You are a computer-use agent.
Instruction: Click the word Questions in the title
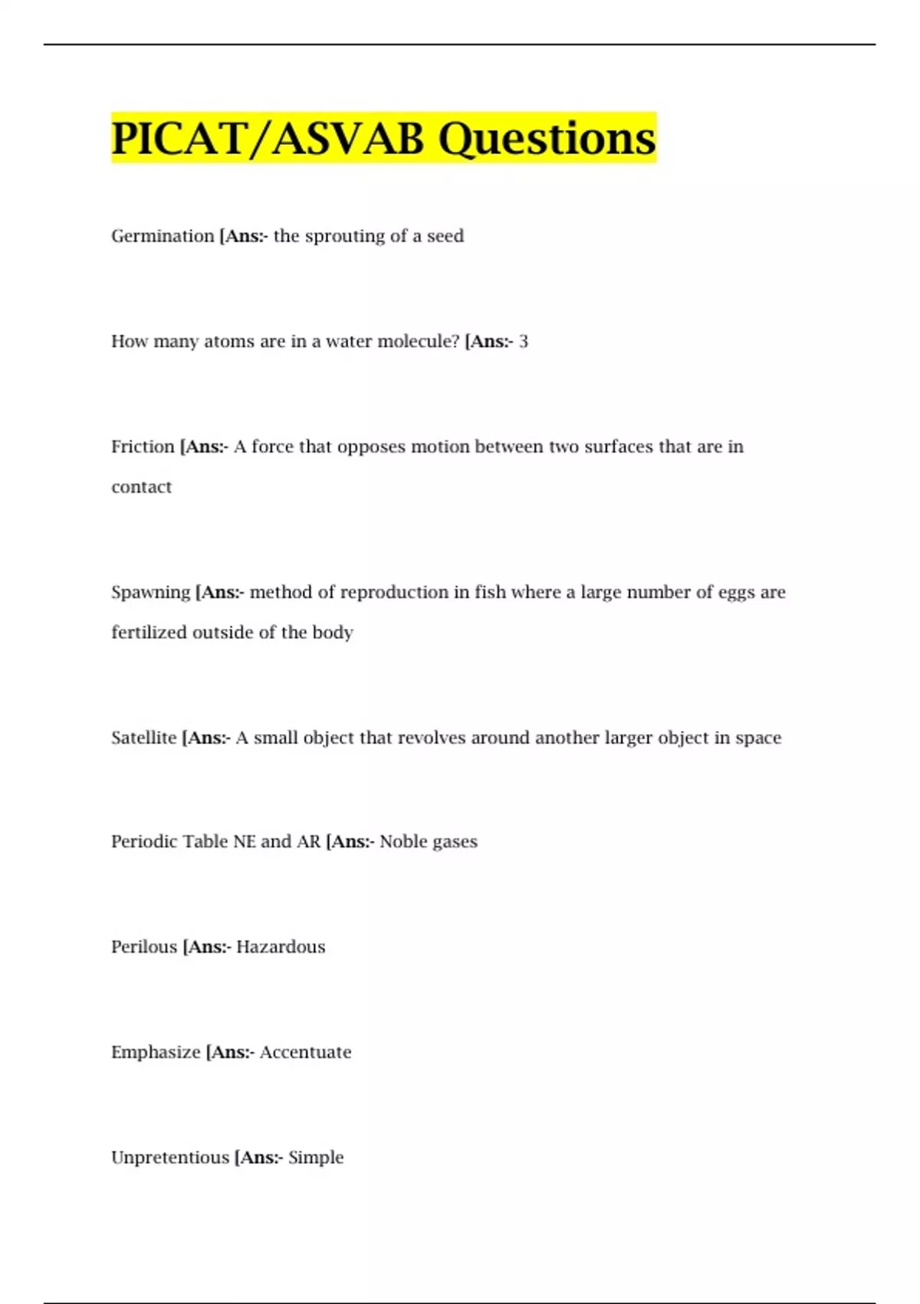547,139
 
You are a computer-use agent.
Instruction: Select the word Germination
163,236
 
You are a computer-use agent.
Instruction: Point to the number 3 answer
524,341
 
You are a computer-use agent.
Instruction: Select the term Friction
143,446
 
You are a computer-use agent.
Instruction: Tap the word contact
141,487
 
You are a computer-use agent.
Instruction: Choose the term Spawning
150,592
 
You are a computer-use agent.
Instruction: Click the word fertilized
149,633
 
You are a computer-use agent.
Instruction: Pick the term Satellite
143,738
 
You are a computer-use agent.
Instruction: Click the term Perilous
144,947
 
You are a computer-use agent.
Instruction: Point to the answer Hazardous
281,947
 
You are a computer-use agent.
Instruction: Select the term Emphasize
156,1052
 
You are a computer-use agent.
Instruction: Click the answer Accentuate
305,1052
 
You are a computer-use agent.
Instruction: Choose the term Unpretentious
170,1157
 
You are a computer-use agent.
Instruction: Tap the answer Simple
316,1157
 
